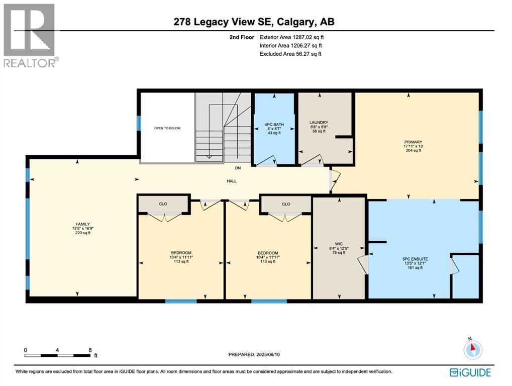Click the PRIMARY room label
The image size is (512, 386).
[413, 142]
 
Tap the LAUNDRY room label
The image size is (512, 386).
[319, 122]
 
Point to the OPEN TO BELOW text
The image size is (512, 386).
[167, 128]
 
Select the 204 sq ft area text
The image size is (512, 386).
[413, 151]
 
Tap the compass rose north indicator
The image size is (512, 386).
[473, 349]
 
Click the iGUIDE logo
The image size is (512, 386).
[471, 373]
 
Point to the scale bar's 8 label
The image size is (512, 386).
[90, 350]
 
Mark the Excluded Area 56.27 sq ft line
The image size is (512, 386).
[290, 54]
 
